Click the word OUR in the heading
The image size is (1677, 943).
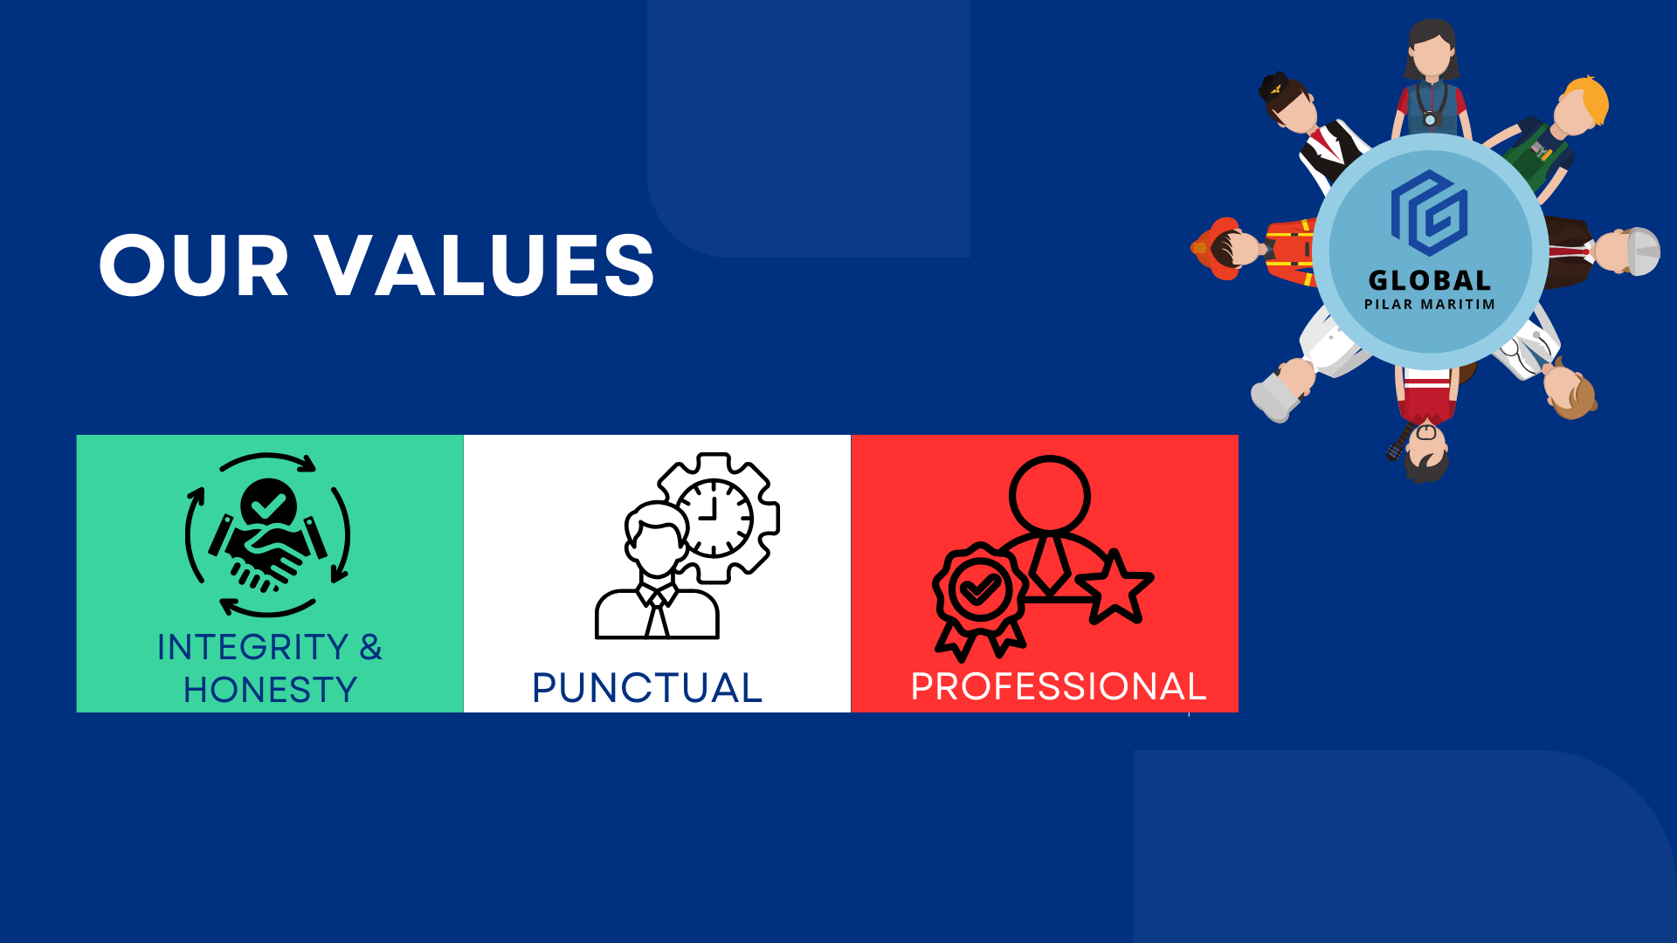(193, 265)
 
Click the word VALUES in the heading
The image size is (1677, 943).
(485, 265)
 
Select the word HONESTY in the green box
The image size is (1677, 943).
(270, 690)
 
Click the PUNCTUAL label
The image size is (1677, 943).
(647, 687)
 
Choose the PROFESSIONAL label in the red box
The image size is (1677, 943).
(1059, 686)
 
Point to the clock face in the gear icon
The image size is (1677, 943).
(714, 518)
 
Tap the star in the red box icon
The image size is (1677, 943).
(1115, 586)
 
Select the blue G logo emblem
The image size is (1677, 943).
(1429, 213)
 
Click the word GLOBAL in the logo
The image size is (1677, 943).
(1430, 280)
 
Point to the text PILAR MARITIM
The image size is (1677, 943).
(1430, 304)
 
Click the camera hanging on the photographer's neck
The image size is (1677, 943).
(1430, 118)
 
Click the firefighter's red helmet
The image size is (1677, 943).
(1216, 248)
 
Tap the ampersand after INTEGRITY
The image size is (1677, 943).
(370, 647)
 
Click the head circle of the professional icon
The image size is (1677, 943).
(1049, 495)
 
